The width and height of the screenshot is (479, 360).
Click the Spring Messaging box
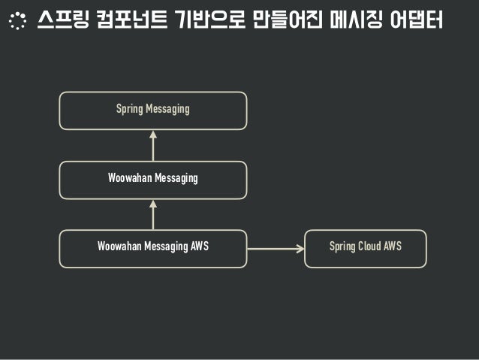pyautogui.click(x=153, y=110)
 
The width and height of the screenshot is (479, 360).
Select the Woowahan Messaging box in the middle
pyautogui.click(x=153, y=179)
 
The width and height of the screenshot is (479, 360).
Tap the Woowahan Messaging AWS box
pyautogui.click(x=153, y=247)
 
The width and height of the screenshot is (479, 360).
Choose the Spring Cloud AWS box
pyautogui.click(x=366, y=247)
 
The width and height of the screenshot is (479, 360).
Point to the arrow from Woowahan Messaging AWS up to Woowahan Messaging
pyautogui.click(x=153, y=213)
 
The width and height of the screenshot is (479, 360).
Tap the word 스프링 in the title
pyautogui.click(x=59, y=21)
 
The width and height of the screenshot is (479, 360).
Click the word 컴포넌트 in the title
pyautogui.click(x=125, y=21)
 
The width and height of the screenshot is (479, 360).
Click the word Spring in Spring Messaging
pyautogui.click(x=129, y=110)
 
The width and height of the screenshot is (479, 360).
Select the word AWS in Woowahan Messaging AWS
pyautogui.click(x=197, y=247)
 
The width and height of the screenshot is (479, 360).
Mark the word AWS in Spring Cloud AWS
pyautogui.click(x=393, y=247)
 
